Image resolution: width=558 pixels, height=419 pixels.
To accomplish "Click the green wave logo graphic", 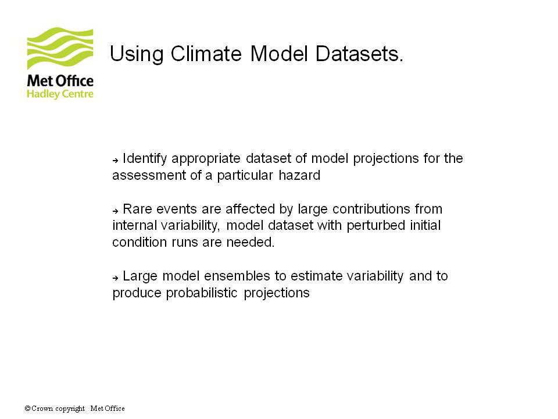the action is pos(60,48).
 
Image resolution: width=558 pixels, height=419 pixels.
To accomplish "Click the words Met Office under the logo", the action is pos(60,81).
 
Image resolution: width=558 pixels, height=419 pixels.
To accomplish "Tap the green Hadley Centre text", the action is pos(60,94).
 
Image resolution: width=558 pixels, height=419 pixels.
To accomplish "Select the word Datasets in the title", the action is pos(359,54).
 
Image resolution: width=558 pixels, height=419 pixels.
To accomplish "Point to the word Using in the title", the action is pos(137,55).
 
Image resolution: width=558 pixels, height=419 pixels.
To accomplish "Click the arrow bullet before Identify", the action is pos(115,161).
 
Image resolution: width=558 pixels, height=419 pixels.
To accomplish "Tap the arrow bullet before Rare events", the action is pos(115,211).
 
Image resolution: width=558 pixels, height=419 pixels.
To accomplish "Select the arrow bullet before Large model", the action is pos(115,278).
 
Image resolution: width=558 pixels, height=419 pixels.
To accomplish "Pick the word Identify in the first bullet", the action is pos(145,159).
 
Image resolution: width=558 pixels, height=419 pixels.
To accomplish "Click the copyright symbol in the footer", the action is pos(27,409).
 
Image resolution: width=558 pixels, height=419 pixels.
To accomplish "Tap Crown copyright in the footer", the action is pos(58,409).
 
